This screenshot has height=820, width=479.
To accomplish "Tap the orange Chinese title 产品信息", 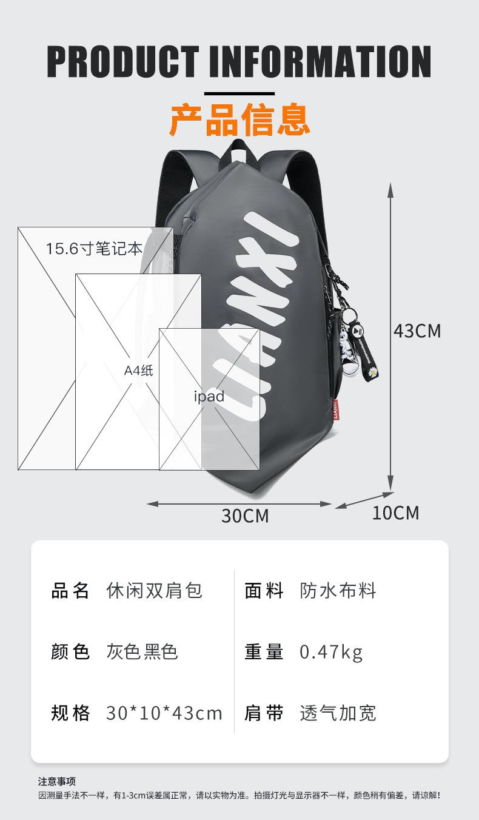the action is click(239, 119).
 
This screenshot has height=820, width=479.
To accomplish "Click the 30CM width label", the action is click(244, 516).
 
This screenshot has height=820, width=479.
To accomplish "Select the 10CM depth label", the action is click(395, 513).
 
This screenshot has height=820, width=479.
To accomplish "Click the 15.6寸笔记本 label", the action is click(95, 249).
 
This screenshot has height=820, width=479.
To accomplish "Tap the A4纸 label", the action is click(139, 370).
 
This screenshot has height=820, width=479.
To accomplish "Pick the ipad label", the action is click(209, 397).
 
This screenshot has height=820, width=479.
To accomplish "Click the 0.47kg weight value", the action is click(331, 652).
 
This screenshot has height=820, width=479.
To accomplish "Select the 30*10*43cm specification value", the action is click(164, 713).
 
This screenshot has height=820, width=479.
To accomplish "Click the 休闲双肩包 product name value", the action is click(154, 590).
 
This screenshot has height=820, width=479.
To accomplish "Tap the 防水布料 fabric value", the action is click(338, 590).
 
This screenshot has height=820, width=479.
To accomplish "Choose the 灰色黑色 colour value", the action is click(142, 652).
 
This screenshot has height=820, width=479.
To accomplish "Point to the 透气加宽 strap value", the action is click(338, 713).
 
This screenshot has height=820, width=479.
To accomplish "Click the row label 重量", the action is click(264, 652).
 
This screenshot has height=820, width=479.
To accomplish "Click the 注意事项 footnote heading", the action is click(57, 781).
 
